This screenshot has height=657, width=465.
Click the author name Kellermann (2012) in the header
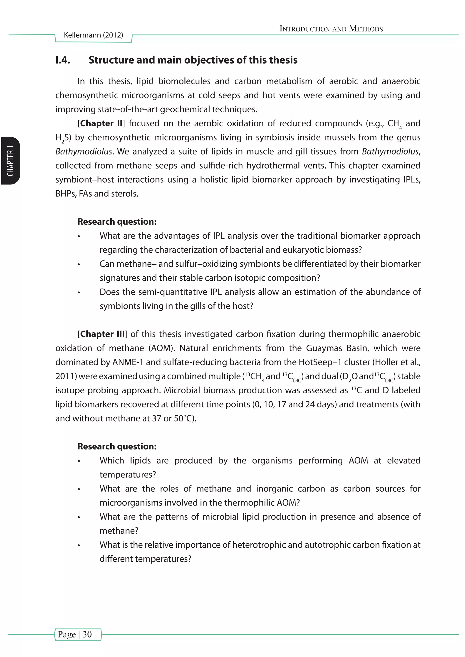[93, 35]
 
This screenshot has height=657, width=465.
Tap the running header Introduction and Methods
[331, 29]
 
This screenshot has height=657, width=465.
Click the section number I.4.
[63, 60]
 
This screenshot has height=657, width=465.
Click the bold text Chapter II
[101, 123]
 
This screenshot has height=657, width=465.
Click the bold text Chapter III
[102, 334]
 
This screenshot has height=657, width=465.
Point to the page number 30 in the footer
[87, 634]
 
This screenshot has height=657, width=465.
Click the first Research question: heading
[117, 221]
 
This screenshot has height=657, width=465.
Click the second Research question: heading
[117, 446]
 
